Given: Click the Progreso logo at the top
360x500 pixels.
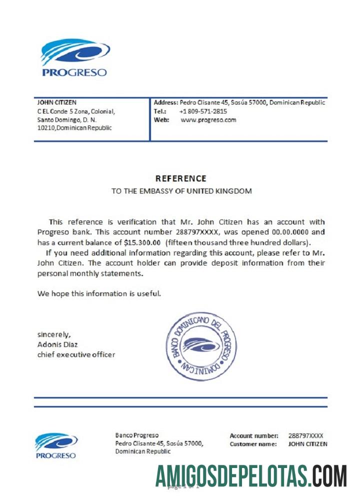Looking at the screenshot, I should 74,57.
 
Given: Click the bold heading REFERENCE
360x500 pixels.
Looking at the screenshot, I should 180,178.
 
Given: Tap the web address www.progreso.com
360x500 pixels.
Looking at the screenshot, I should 208,120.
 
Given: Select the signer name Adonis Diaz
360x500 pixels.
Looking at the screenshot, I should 57,344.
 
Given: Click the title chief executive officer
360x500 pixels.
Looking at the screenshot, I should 76,354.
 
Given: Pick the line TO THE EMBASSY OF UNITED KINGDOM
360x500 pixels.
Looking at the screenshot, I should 181,191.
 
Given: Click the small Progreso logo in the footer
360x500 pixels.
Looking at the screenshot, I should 56,445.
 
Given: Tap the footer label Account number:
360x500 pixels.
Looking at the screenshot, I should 254,436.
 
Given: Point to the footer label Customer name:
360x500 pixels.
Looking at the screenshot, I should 253,444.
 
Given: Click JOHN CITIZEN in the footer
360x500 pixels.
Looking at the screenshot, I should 308,444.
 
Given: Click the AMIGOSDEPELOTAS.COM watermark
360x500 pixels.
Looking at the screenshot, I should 251,475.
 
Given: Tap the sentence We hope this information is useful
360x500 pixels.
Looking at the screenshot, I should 99,293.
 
